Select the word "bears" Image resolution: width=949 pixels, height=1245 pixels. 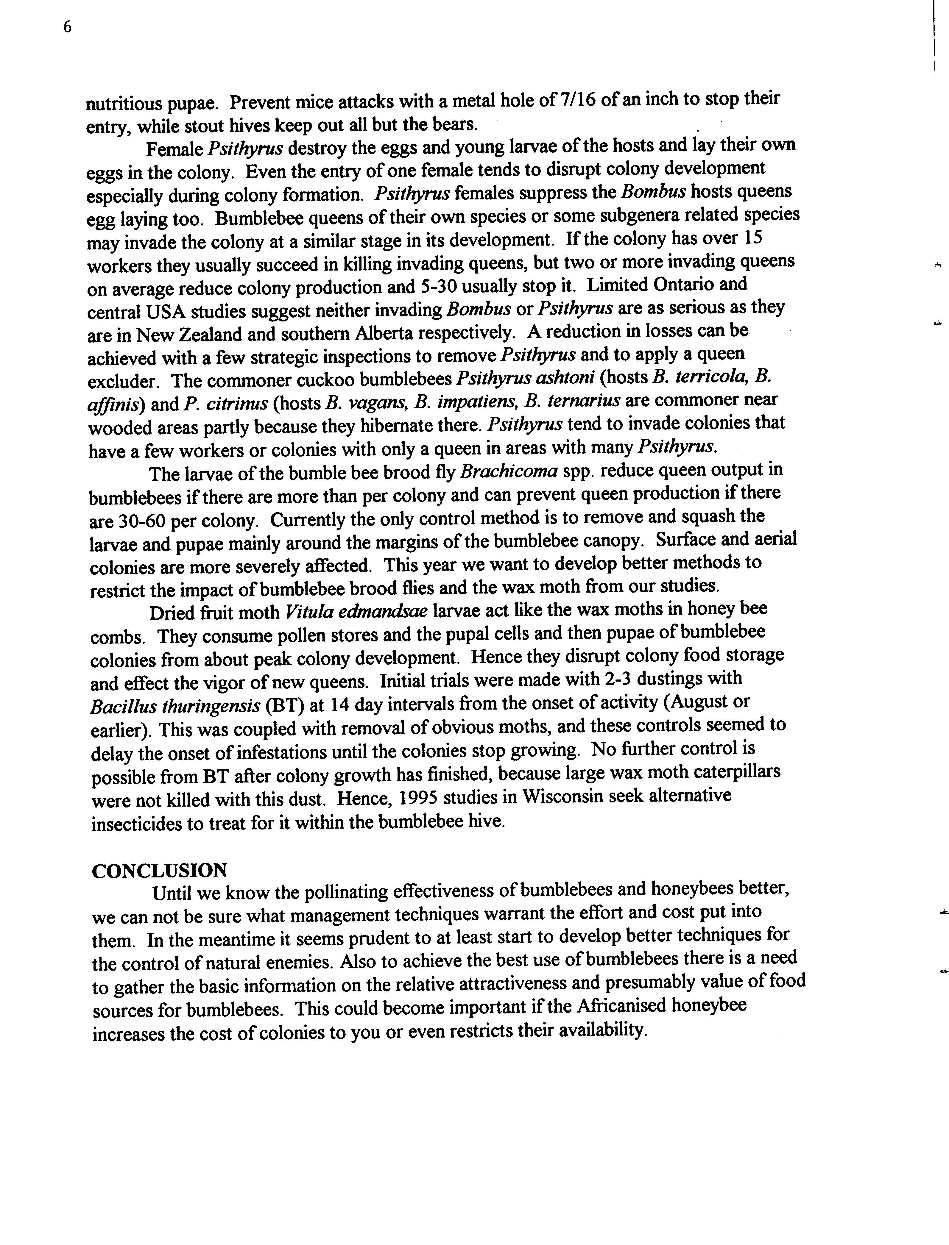pos(456,124)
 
